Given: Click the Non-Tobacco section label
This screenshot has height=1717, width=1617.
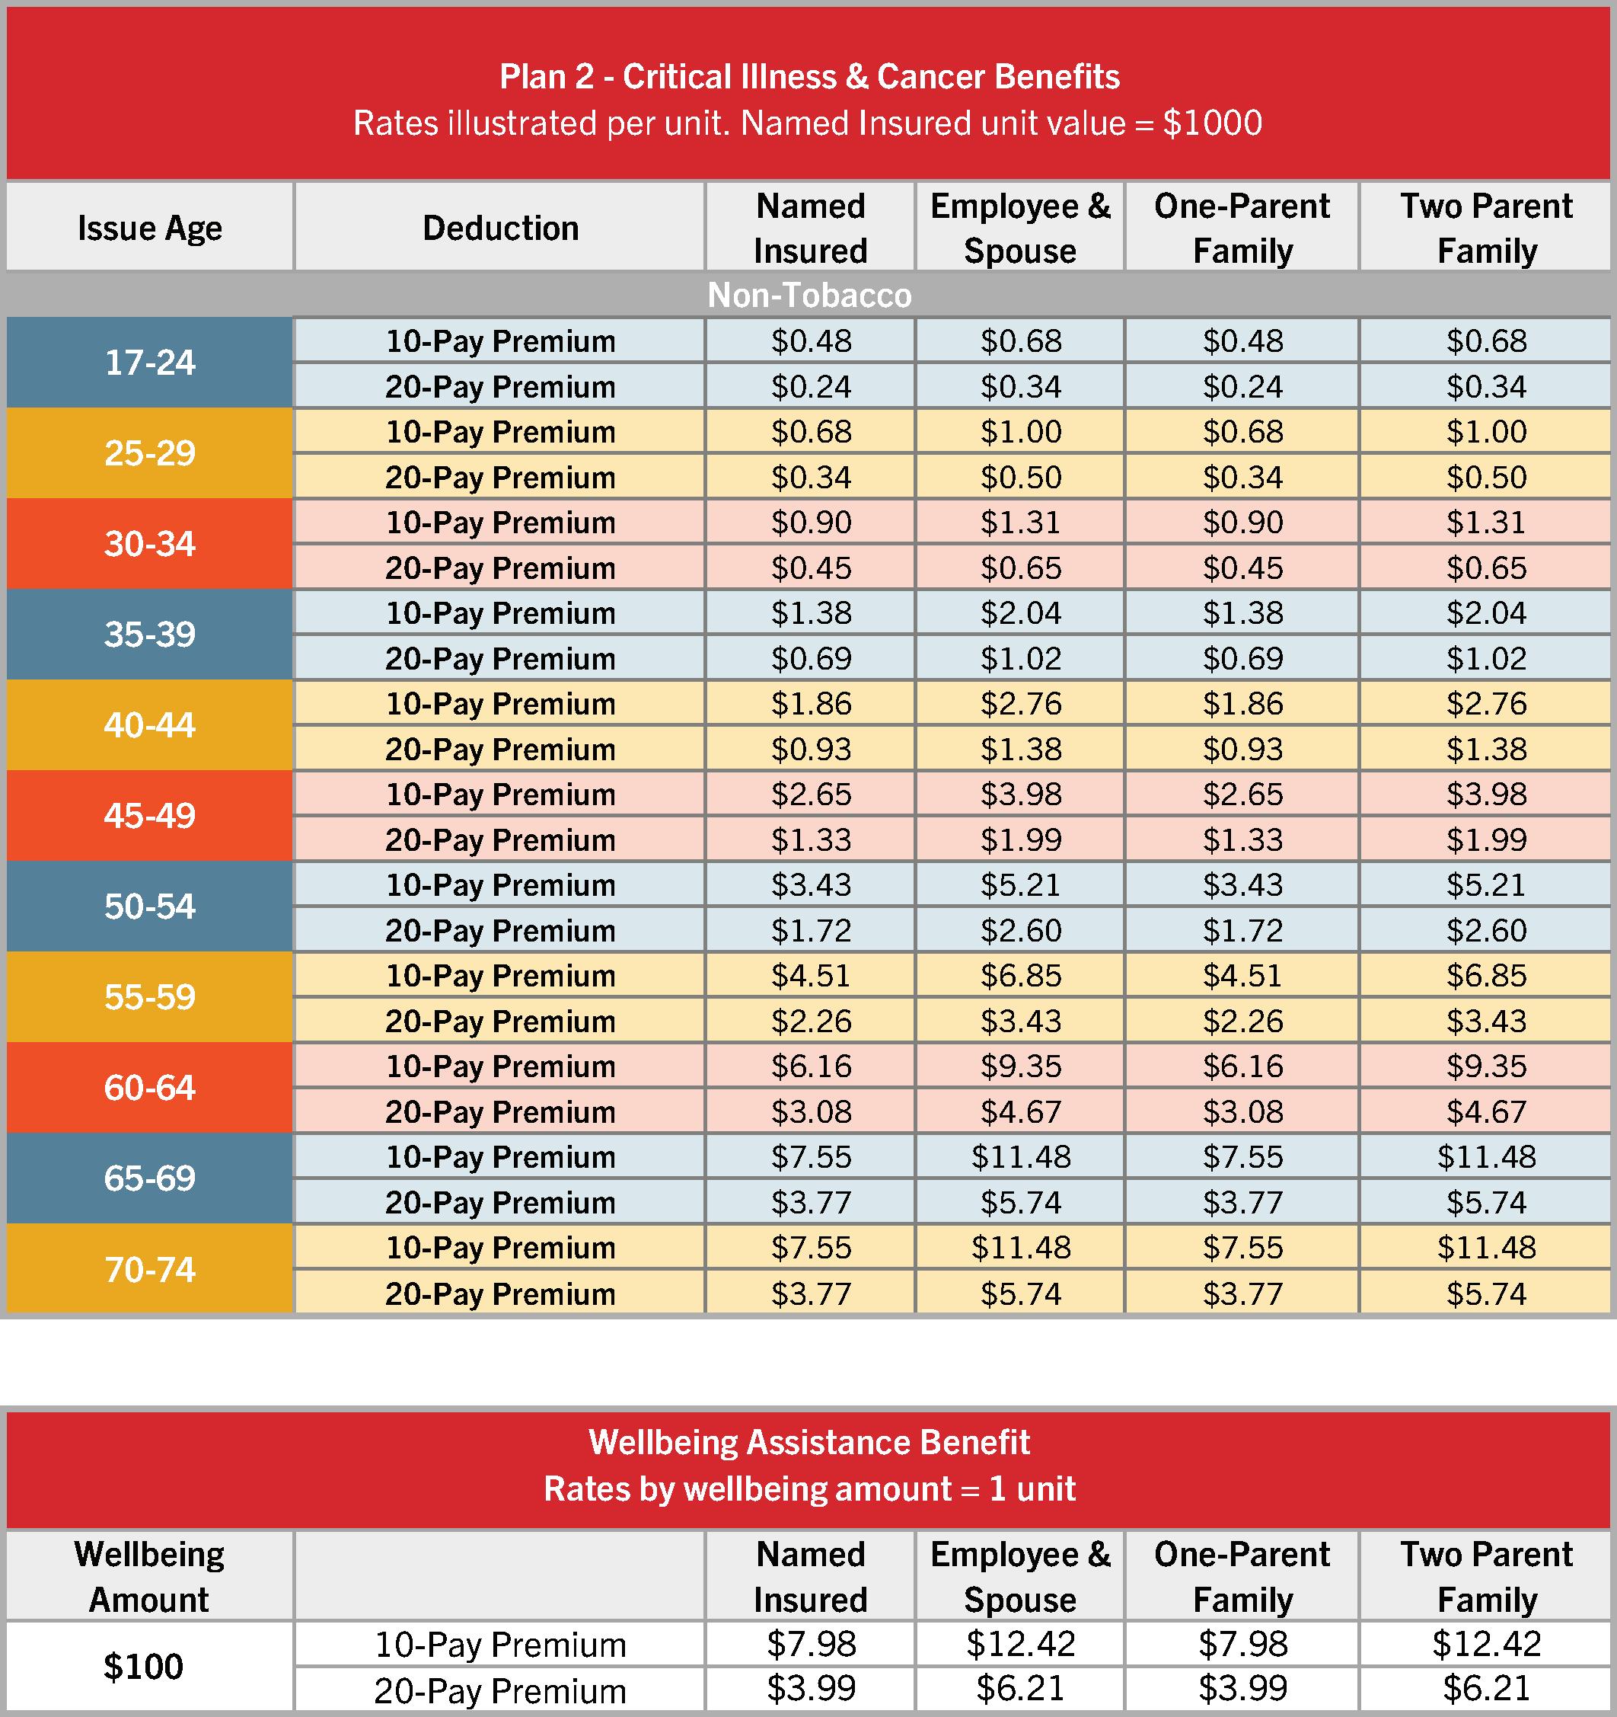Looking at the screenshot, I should pyautogui.click(x=809, y=296).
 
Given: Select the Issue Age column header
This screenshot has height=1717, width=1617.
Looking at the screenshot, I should pyautogui.click(x=149, y=228).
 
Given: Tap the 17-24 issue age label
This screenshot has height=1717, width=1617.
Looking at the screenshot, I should pyautogui.click(x=149, y=363).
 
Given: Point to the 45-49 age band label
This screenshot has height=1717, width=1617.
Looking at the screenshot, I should pyautogui.click(x=149, y=815).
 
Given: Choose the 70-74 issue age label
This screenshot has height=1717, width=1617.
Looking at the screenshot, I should pyautogui.click(x=149, y=1270).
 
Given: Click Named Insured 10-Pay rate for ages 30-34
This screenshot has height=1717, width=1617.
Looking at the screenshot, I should pyautogui.click(x=811, y=522).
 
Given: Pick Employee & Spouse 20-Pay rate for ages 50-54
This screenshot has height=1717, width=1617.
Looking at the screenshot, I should pyautogui.click(x=1020, y=930).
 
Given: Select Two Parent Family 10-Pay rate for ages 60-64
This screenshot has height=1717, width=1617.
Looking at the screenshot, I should pyautogui.click(x=1487, y=1066).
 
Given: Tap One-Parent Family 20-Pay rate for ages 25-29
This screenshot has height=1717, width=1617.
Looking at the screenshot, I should pyautogui.click(x=1242, y=477).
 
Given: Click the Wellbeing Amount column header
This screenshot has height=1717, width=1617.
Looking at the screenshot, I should pyautogui.click(x=149, y=1576).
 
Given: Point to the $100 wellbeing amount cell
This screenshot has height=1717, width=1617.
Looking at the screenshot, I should pyautogui.click(x=143, y=1666).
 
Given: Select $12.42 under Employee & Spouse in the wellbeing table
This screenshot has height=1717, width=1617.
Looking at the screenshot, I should pyautogui.click(x=1020, y=1644).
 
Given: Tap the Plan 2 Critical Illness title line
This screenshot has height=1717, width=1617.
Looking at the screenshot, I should pyautogui.click(x=809, y=77).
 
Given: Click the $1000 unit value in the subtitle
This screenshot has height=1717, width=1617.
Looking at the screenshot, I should pyautogui.click(x=1212, y=123).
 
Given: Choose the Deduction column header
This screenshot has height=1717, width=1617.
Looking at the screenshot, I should pyautogui.click(x=500, y=228).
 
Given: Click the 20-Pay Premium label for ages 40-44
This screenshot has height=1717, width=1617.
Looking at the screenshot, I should pyautogui.click(x=500, y=749).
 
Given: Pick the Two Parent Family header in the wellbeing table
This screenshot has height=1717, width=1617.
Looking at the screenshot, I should pyautogui.click(x=1487, y=1576).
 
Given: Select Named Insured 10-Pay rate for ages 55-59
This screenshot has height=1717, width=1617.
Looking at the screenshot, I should pyautogui.click(x=811, y=975).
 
